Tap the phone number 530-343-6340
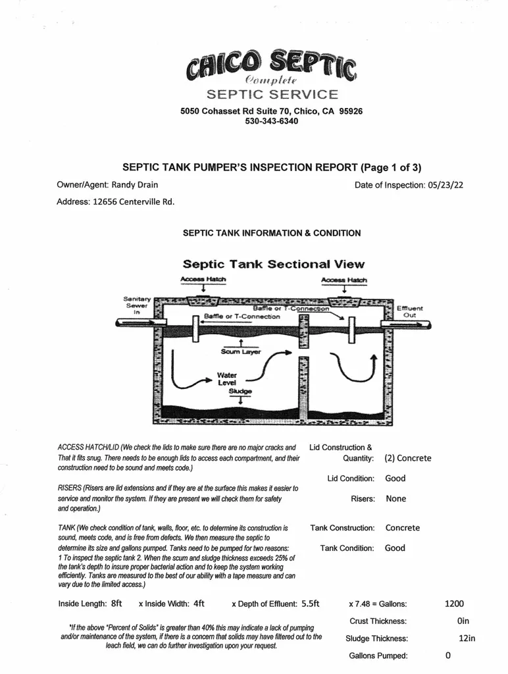[271, 122]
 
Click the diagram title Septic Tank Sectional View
[273, 265]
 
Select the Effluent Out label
[409, 311]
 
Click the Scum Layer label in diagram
[241, 351]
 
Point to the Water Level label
[227, 378]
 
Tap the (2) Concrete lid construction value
[408, 458]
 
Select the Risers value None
[396, 499]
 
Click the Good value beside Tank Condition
[395, 548]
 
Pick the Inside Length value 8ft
[116, 603]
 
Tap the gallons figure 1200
[454, 603]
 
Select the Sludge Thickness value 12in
[467, 638]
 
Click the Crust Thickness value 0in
[463, 621]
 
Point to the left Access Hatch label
[203, 280]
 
